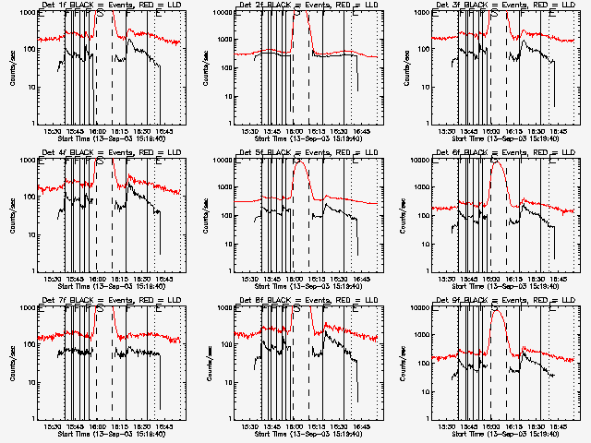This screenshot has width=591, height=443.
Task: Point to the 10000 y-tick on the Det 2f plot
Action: (x=221, y=13)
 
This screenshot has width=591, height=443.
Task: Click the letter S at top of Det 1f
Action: (x=100, y=16)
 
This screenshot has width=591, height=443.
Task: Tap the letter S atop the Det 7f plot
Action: (x=100, y=311)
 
